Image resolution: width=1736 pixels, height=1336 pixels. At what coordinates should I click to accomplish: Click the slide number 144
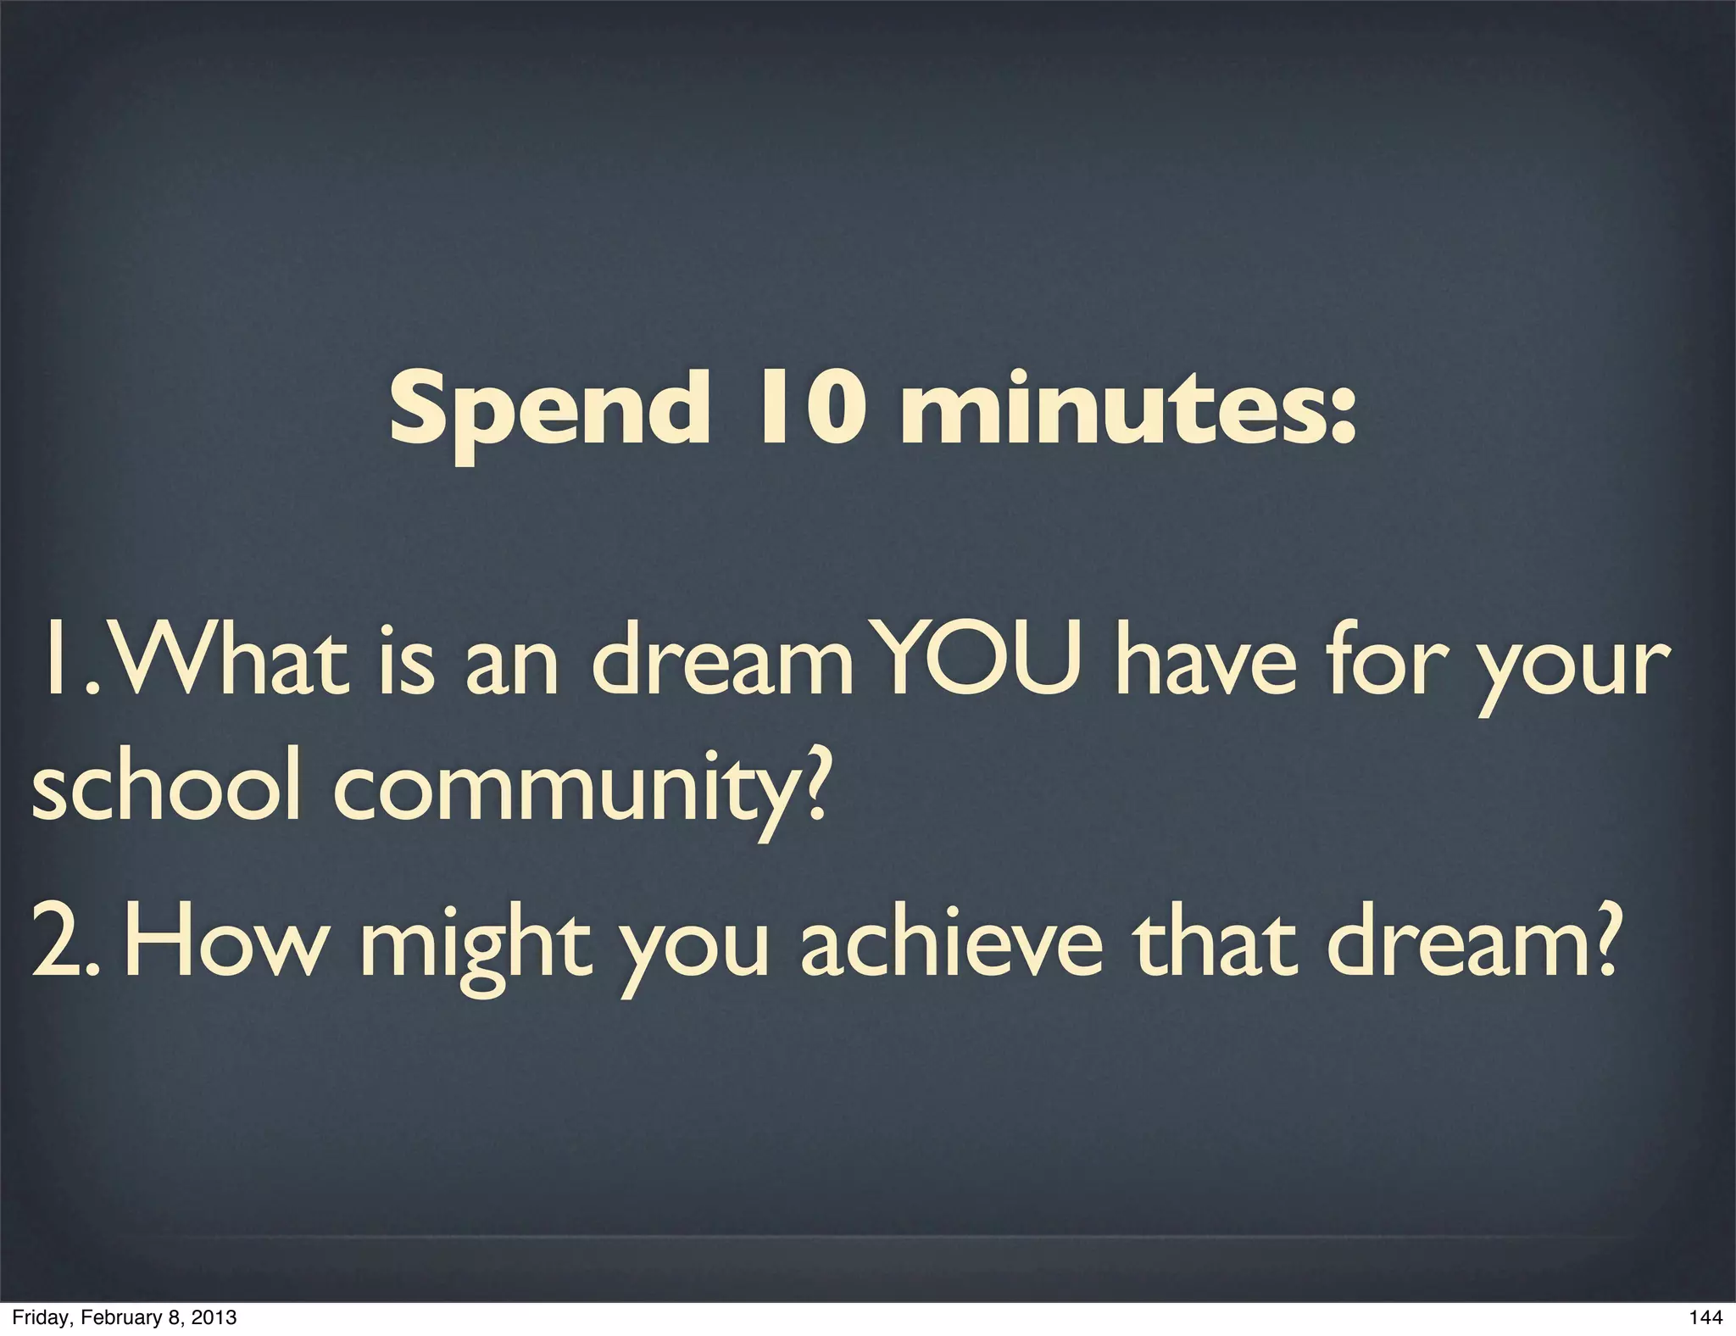pos(1705,1317)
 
